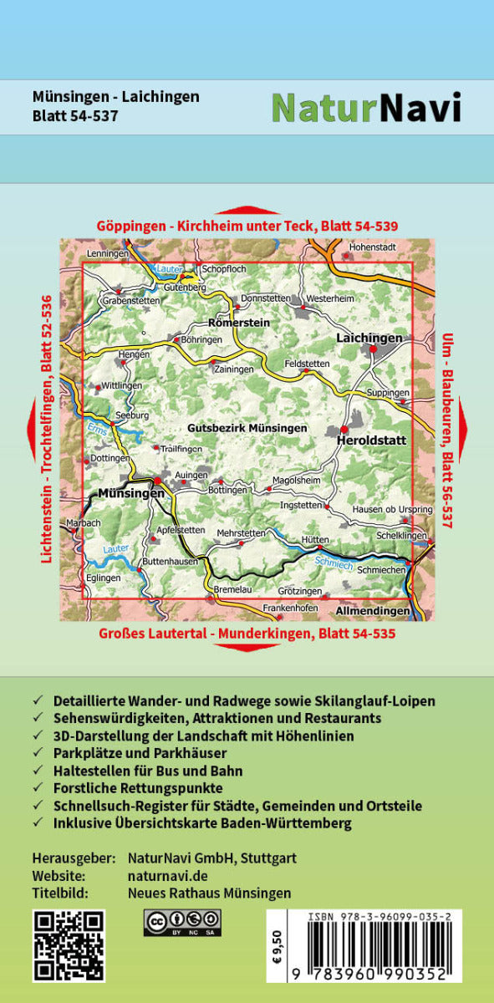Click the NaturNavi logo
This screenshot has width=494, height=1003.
366,107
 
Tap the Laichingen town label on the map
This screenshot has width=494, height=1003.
369,338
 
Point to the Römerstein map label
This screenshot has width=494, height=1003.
239,322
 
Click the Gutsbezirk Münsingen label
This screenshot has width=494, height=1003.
247,427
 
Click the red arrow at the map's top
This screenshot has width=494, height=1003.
247,211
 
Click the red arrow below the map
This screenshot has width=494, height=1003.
247,648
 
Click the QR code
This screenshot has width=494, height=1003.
69,945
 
